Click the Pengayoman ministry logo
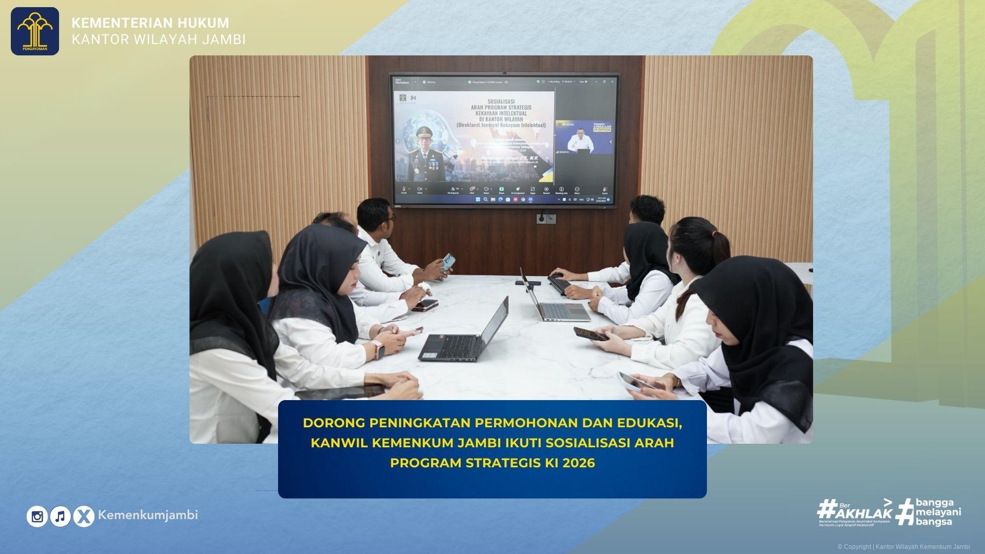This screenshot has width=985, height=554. coord(35,31)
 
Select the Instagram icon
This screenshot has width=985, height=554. coord(37,517)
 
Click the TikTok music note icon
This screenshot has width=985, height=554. coord(61,517)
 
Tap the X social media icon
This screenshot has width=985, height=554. coord(84,517)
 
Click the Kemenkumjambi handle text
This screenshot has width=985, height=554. coord(148,515)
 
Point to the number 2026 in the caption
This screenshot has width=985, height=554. coord(578,463)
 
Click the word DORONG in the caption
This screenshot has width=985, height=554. coord(333,423)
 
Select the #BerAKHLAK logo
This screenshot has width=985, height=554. coord(855,512)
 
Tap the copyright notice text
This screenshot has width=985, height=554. coord(903,547)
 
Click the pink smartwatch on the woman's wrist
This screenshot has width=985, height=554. coord(379,350)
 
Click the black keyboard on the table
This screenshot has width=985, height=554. coord(560,284)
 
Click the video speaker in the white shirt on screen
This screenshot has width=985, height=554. coord(580,142)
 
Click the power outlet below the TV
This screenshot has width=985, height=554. coord(546,219)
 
